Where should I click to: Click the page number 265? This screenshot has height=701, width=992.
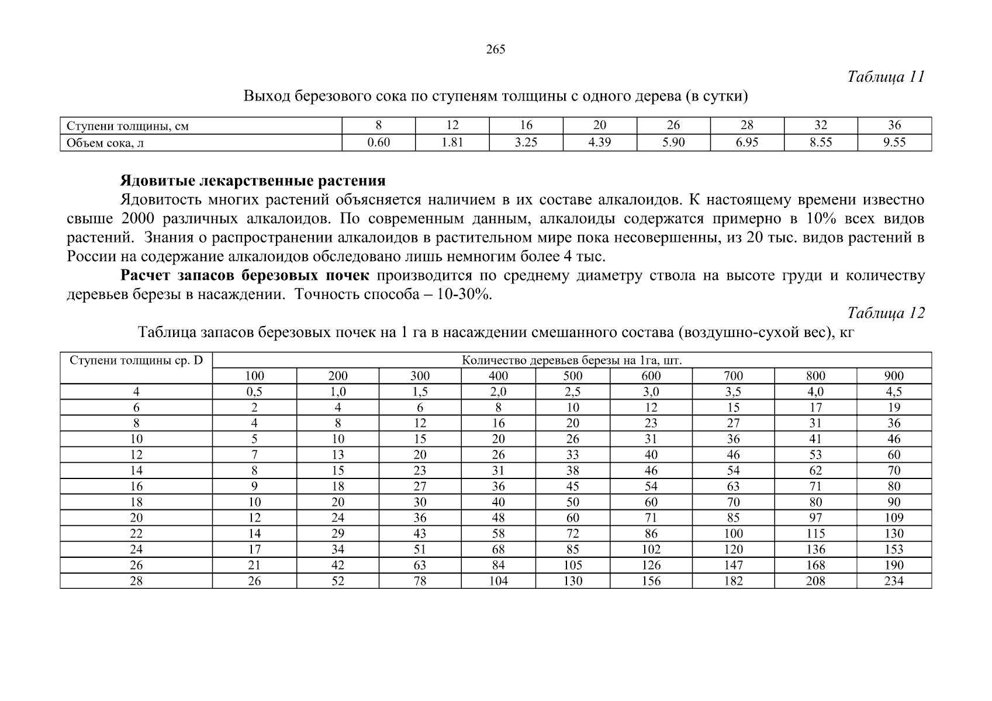(x=495, y=50)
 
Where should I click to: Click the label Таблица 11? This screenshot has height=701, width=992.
(x=886, y=77)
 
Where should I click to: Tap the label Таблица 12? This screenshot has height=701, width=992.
(x=886, y=314)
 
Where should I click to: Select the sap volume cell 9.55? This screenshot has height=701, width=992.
(x=894, y=143)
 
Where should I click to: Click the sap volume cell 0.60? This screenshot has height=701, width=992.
(x=378, y=143)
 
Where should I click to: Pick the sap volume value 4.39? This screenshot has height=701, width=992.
(x=600, y=143)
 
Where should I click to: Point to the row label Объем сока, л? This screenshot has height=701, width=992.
(x=105, y=143)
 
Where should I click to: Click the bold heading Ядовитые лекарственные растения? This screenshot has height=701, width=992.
(x=253, y=180)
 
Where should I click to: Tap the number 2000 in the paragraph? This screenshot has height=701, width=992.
(x=137, y=219)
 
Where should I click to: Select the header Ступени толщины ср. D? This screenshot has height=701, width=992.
(x=136, y=360)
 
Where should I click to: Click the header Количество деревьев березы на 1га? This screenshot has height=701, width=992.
(x=572, y=360)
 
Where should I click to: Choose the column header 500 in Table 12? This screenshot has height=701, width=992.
(x=572, y=376)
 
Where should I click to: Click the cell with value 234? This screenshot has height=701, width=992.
(x=894, y=581)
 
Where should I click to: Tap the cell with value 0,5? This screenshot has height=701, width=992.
(x=254, y=392)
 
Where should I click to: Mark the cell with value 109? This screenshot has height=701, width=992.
(x=894, y=518)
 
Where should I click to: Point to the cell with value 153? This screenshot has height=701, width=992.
(x=894, y=550)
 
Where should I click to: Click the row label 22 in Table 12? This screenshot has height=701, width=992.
(x=136, y=534)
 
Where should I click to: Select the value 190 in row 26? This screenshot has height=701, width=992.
(x=894, y=565)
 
